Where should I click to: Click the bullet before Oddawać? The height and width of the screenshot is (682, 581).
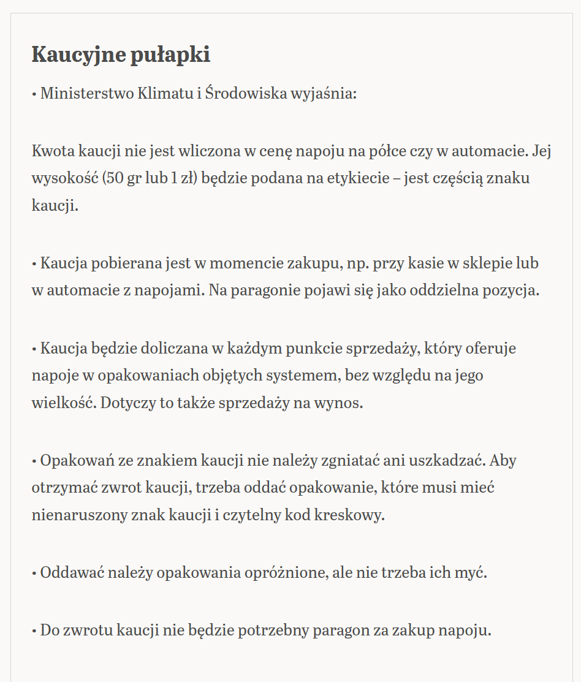(x=34, y=574)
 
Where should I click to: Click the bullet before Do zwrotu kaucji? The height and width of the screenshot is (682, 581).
(x=34, y=631)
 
